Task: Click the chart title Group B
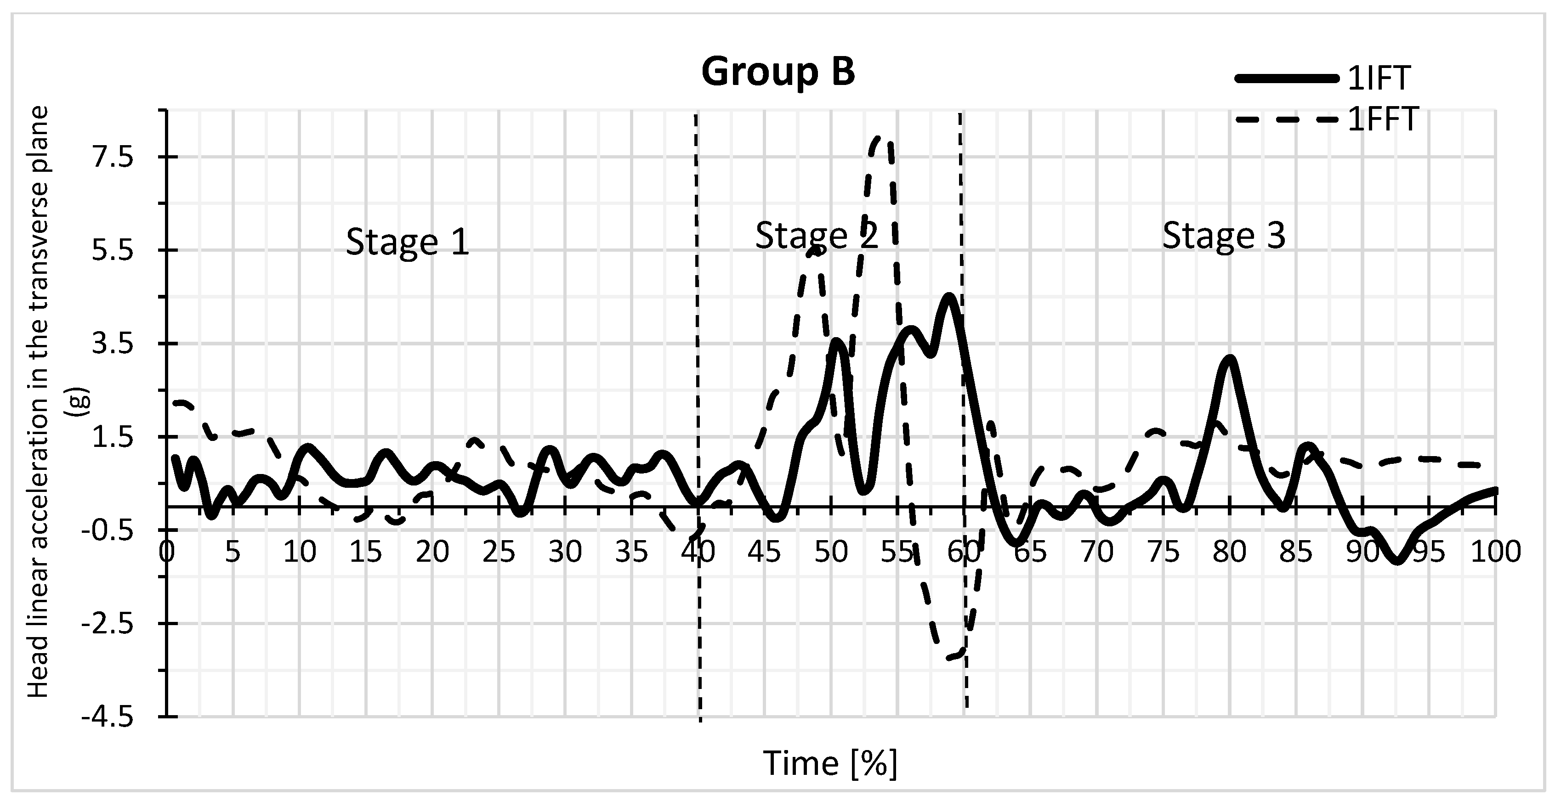778,72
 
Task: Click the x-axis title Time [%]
829,763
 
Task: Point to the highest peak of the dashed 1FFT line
879,139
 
